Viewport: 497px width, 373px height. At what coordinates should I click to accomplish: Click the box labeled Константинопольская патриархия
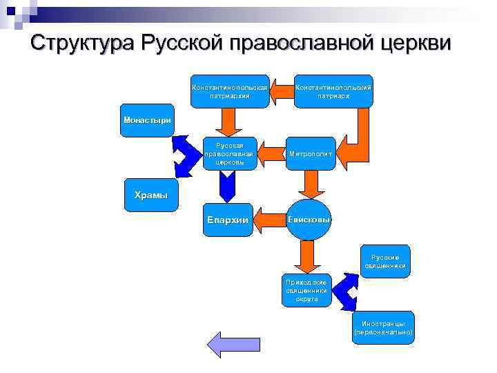[229, 91]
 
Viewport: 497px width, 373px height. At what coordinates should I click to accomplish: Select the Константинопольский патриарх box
[333, 91]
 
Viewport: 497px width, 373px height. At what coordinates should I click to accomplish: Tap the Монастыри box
[146, 120]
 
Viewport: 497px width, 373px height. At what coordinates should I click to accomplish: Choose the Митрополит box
[310, 153]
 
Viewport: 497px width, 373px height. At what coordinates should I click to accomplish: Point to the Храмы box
[150, 195]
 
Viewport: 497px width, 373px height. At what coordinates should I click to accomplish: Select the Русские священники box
[385, 261]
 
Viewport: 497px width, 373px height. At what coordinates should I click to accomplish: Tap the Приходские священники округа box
[307, 290]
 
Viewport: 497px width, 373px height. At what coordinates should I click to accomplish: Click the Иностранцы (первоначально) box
[383, 327]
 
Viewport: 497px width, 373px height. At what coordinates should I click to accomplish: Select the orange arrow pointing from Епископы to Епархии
[269, 220]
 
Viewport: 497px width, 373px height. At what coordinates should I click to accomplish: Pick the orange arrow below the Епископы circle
[303, 257]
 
